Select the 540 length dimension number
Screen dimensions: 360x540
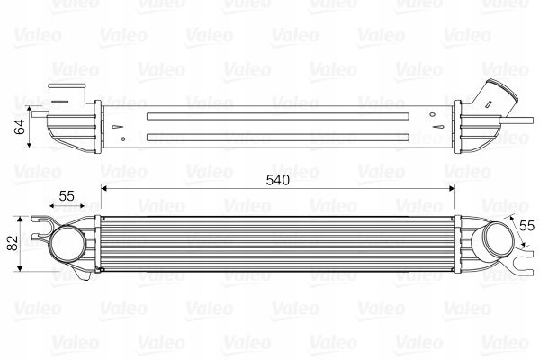(x=279, y=180)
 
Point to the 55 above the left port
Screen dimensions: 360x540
(x=67, y=195)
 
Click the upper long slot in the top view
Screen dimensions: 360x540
(x=280, y=116)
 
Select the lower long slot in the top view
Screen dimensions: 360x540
(x=280, y=137)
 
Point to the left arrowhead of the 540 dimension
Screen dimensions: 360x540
(x=103, y=189)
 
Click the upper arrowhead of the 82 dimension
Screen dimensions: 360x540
(x=22, y=220)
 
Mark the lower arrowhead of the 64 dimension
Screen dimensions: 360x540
(x=31, y=144)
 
